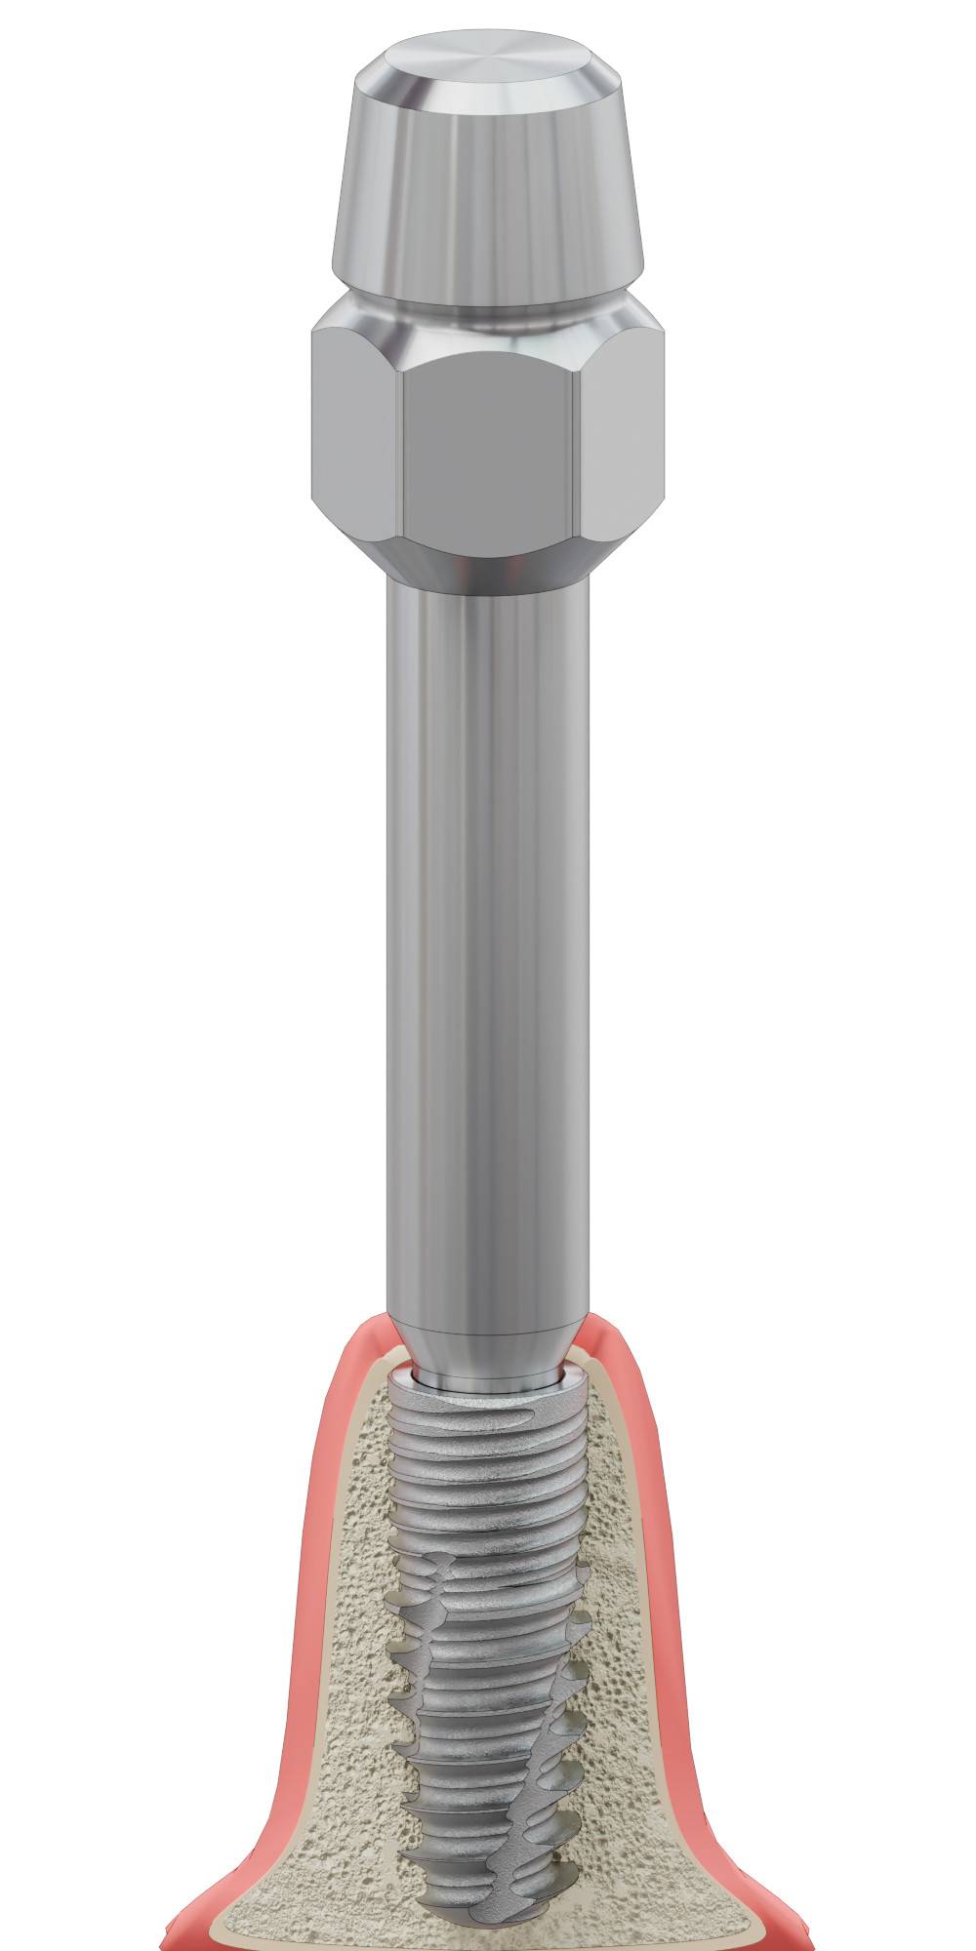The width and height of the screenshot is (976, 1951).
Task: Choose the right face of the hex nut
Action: click(x=625, y=429)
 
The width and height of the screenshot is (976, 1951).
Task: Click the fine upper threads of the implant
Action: click(x=488, y=1453)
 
